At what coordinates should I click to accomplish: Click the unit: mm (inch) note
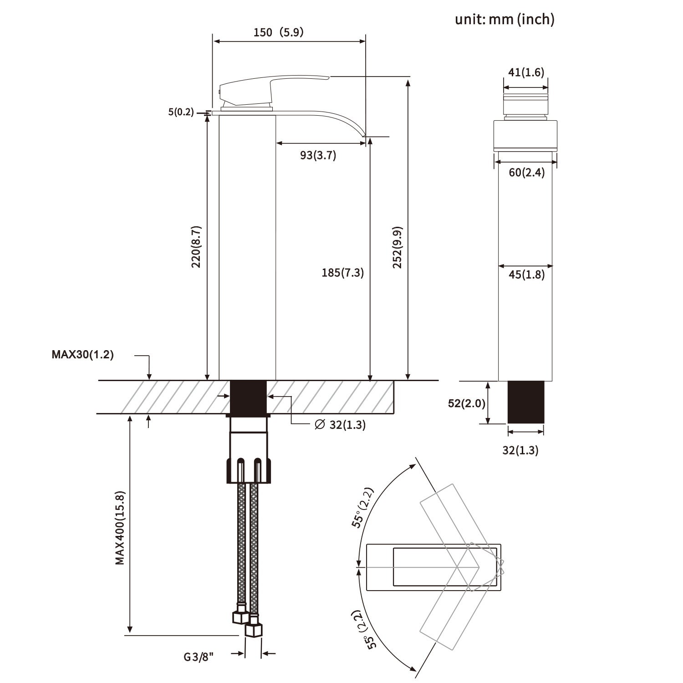(x=505, y=19)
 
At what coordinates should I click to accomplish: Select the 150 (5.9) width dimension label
(x=278, y=32)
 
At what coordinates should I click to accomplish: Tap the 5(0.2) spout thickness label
(x=181, y=112)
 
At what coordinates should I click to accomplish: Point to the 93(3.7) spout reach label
(x=318, y=155)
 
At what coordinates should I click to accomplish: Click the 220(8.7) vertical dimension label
(x=196, y=246)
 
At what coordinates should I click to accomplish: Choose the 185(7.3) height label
(x=342, y=273)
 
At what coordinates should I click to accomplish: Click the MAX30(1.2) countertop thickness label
(x=82, y=355)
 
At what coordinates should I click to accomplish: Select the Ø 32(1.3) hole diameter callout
(x=340, y=425)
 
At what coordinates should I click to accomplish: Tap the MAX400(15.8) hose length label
(x=120, y=528)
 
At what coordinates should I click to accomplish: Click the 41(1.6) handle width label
(x=526, y=72)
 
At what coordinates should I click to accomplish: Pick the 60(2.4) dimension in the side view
(x=526, y=173)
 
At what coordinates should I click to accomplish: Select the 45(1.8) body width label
(x=526, y=275)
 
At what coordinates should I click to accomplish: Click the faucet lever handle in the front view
(x=264, y=89)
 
